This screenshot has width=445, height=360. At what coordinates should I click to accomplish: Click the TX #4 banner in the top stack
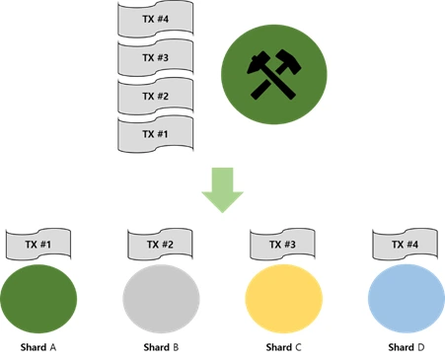pos(156,19)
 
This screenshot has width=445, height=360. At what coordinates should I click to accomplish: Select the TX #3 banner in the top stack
pos(156,57)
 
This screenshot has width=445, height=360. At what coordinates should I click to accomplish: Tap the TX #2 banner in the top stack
pos(156,96)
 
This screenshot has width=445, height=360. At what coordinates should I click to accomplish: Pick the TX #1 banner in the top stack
pos(156,134)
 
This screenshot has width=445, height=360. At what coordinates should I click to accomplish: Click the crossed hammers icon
pos(274,74)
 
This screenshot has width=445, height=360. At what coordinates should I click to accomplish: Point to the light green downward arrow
pos(222,189)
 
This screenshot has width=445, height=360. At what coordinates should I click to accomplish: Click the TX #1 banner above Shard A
pos(38,245)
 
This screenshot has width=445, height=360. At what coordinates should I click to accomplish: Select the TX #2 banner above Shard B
pos(160,245)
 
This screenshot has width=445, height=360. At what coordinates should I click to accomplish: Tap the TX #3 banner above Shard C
pos(282,245)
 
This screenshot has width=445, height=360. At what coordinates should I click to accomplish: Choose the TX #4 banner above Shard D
pos(405,245)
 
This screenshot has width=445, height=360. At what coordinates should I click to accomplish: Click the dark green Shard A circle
pos(38,299)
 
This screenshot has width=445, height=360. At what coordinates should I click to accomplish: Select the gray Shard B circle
pos(161,299)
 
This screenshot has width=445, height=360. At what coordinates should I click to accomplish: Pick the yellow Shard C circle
pos(284,299)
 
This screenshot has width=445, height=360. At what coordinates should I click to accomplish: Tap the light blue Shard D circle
pos(407,299)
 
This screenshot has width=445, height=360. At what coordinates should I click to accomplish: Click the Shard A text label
pos(38,347)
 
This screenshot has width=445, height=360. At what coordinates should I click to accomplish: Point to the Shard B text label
pos(161,347)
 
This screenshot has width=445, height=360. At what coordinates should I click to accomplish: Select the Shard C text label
pos(283,347)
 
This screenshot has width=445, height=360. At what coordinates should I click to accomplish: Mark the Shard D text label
pos(407,347)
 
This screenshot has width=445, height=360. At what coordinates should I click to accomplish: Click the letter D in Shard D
pos(420,347)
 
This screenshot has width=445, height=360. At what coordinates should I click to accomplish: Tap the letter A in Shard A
pos(52,347)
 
